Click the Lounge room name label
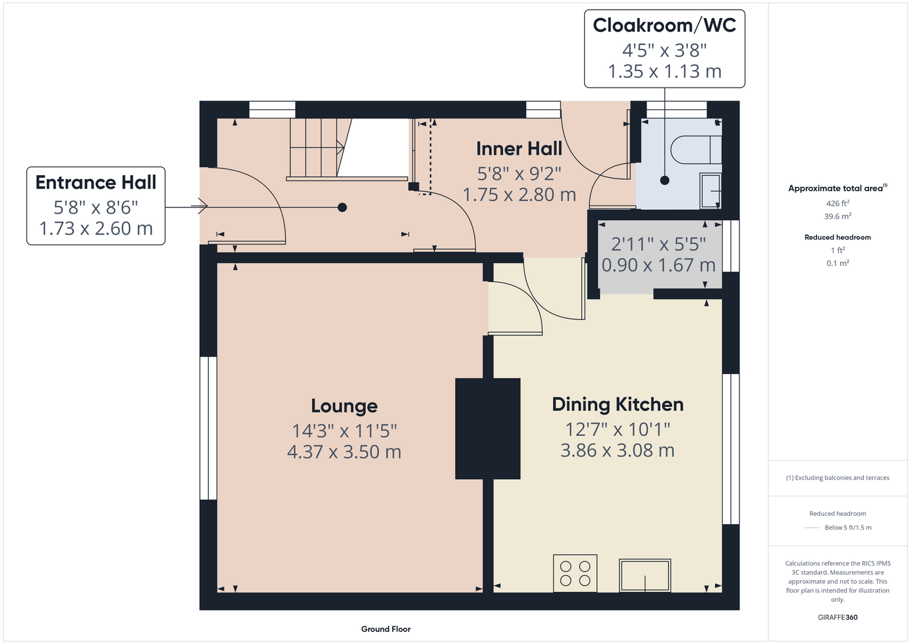click(344, 406)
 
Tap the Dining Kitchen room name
click(618, 404)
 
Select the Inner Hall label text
click(519, 149)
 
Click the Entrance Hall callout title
click(95, 182)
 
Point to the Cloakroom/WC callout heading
click(664, 25)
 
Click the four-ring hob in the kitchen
click(575, 573)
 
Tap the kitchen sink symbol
click(645, 575)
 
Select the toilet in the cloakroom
click(696, 149)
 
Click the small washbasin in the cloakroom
click(710, 191)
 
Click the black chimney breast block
click(487, 429)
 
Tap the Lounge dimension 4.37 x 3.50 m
click(344, 451)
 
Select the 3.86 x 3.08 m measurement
click(618, 450)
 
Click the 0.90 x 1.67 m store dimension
click(658, 265)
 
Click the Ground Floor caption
click(386, 629)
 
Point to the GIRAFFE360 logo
click(838, 617)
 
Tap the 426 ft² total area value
click(838, 203)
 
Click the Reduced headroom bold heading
click(838, 237)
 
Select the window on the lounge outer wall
click(208, 428)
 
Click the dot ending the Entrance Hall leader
click(342, 207)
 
